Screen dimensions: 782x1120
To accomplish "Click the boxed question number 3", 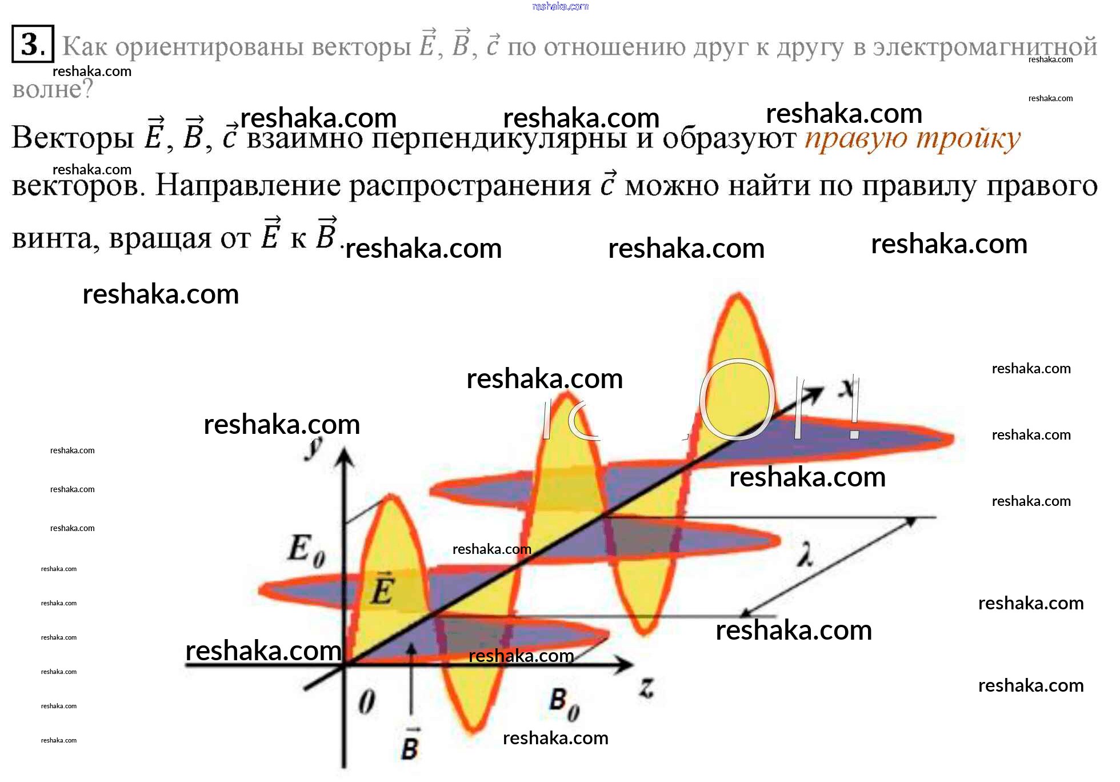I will coord(33,44).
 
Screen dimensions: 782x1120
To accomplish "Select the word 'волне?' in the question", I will coord(53,89).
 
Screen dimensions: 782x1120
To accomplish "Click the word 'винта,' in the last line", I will coord(55,239).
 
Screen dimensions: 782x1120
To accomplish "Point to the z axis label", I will coord(647,687).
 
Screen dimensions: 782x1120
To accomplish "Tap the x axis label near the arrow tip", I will coord(848,388).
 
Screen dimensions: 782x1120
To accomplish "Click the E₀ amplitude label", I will coord(306,550).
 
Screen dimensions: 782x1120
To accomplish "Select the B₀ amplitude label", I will coord(565,704).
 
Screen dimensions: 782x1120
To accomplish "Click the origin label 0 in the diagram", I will coord(367,701).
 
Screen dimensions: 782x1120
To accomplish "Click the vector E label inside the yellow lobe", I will coord(382,589).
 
